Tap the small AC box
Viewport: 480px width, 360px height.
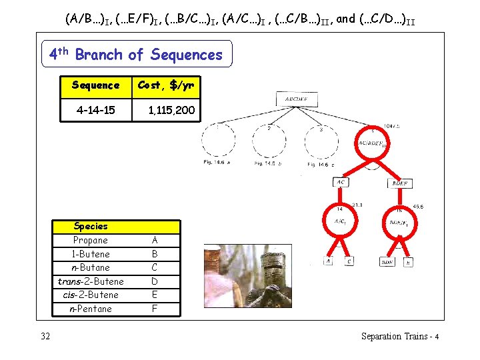341,181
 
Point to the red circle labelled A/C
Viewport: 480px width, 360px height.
340,221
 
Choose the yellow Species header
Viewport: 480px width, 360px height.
117,226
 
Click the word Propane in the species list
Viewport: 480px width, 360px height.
91,240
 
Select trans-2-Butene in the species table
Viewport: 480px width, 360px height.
91,281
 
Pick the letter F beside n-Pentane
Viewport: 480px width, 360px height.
155,309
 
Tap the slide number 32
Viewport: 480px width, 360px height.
45,336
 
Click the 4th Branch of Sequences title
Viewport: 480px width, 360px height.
137,54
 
